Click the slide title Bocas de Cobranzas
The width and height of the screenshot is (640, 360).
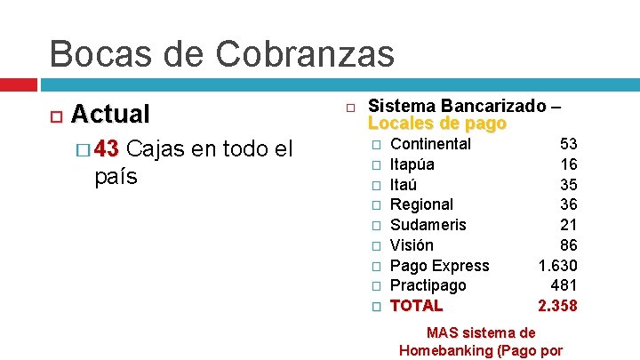coord(221,53)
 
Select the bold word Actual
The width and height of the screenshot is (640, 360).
coord(110,114)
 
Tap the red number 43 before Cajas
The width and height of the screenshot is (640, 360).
coord(111,148)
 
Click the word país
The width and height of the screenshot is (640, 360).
coord(116,176)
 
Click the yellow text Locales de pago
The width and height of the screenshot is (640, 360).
coord(436,124)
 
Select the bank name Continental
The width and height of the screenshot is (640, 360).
coord(430,144)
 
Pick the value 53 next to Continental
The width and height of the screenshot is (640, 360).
coord(568,144)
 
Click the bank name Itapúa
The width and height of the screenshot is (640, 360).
coord(412,164)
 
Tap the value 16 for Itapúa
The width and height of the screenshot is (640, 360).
coord(568,164)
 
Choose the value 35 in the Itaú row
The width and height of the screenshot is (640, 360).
coord(568,185)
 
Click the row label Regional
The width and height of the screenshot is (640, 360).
coord(421,204)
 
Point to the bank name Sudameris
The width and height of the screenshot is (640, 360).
coord(428,225)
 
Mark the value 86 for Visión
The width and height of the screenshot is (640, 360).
coord(568,245)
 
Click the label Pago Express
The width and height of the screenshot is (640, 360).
coord(439,266)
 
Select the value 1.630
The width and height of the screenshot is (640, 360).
coord(557,266)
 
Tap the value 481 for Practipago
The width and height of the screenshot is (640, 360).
coord(564,285)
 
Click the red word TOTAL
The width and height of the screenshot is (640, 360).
coord(416,306)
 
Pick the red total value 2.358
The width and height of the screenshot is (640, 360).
coord(557,306)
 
